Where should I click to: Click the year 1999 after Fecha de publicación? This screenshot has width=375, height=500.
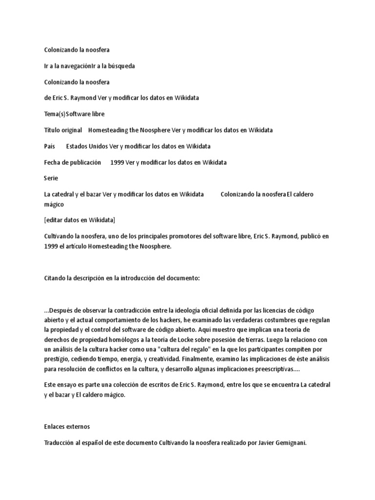117,162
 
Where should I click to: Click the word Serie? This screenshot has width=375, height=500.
51,178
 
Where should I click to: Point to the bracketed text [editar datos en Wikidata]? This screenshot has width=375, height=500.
80,220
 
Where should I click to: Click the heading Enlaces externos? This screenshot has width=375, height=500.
67,426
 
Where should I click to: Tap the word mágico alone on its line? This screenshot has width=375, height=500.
54,204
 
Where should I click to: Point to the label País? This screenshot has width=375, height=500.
49,146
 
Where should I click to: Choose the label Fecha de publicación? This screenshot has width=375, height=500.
72,162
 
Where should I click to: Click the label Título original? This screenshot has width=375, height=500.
63,130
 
